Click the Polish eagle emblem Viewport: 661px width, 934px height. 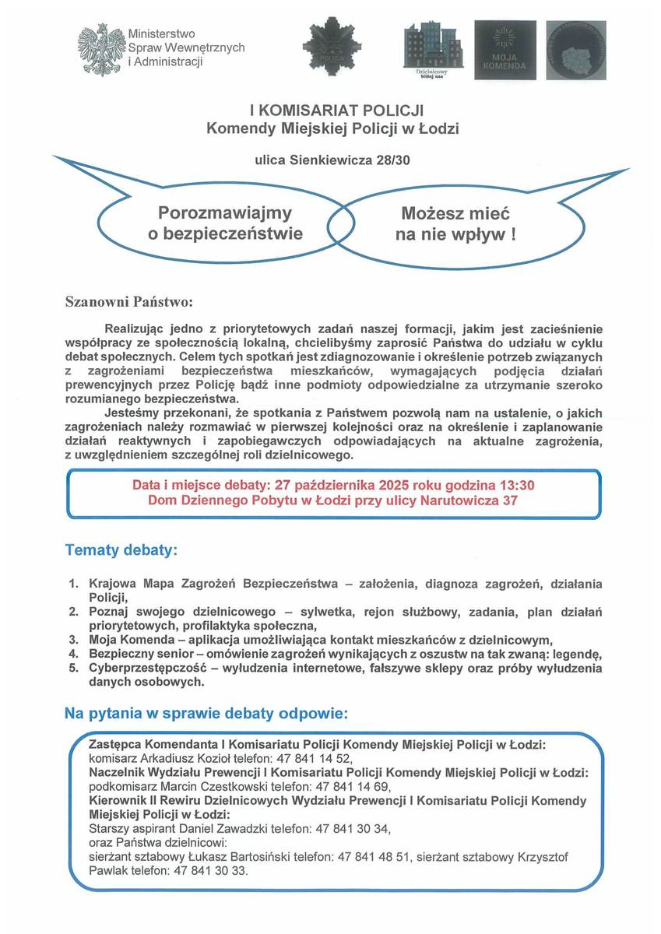(x=100, y=49)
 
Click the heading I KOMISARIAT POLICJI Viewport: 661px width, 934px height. (x=332, y=111)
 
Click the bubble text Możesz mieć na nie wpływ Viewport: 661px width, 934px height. (x=455, y=223)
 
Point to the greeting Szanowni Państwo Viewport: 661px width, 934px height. (x=128, y=300)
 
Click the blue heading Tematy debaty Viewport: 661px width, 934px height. (x=121, y=550)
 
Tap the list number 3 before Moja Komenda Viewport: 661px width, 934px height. (x=73, y=640)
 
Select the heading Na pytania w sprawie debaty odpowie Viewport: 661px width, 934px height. (x=206, y=713)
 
